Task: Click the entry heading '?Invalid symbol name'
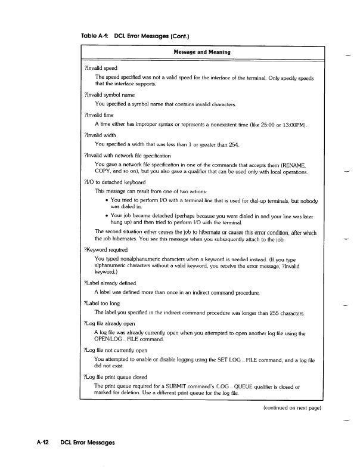click(110, 94)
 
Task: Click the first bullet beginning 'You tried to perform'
click(107, 200)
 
